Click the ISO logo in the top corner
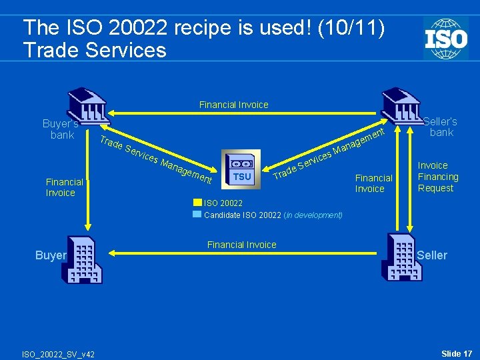[x=445, y=38]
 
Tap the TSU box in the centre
[x=242, y=169]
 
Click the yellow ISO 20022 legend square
[x=197, y=203]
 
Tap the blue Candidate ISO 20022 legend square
[x=197, y=215]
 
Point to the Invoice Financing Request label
[x=438, y=177]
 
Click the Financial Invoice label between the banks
[x=233, y=105]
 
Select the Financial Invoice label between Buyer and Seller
[x=241, y=245]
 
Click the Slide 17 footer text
[x=457, y=353]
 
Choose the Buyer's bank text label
[x=61, y=129]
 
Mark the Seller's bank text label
[x=441, y=127]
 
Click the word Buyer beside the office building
[x=51, y=255]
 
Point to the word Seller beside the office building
[x=432, y=255]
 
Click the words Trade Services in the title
[x=94, y=50]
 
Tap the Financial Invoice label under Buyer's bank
[x=64, y=187]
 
